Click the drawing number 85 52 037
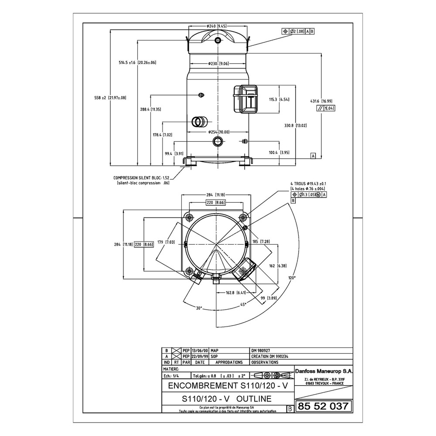323,406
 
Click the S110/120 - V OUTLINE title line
226,399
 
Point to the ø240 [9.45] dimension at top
218,26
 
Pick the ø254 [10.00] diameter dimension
218,132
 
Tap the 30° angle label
199,308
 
